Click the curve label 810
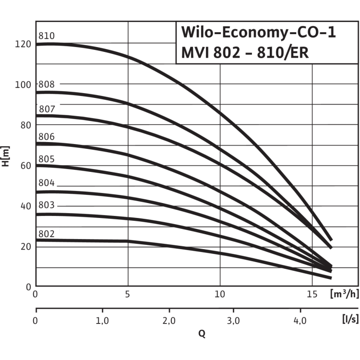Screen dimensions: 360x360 [x=47, y=36]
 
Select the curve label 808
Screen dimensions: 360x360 [x=47, y=84]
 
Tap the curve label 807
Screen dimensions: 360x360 [x=47, y=109]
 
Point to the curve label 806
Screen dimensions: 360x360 [x=47, y=137]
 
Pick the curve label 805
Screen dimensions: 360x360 [x=47, y=159]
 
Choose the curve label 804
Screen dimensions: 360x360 [x=47, y=184]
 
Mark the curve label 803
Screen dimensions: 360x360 [x=47, y=205]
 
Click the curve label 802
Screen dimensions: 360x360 [x=47, y=234]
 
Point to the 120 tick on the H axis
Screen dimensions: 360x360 [x=23, y=44]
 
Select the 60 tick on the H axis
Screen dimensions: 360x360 [x=25, y=166]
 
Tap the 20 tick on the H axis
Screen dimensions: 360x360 [x=25, y=247]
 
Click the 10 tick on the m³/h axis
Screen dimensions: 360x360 [x=220, y=294]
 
